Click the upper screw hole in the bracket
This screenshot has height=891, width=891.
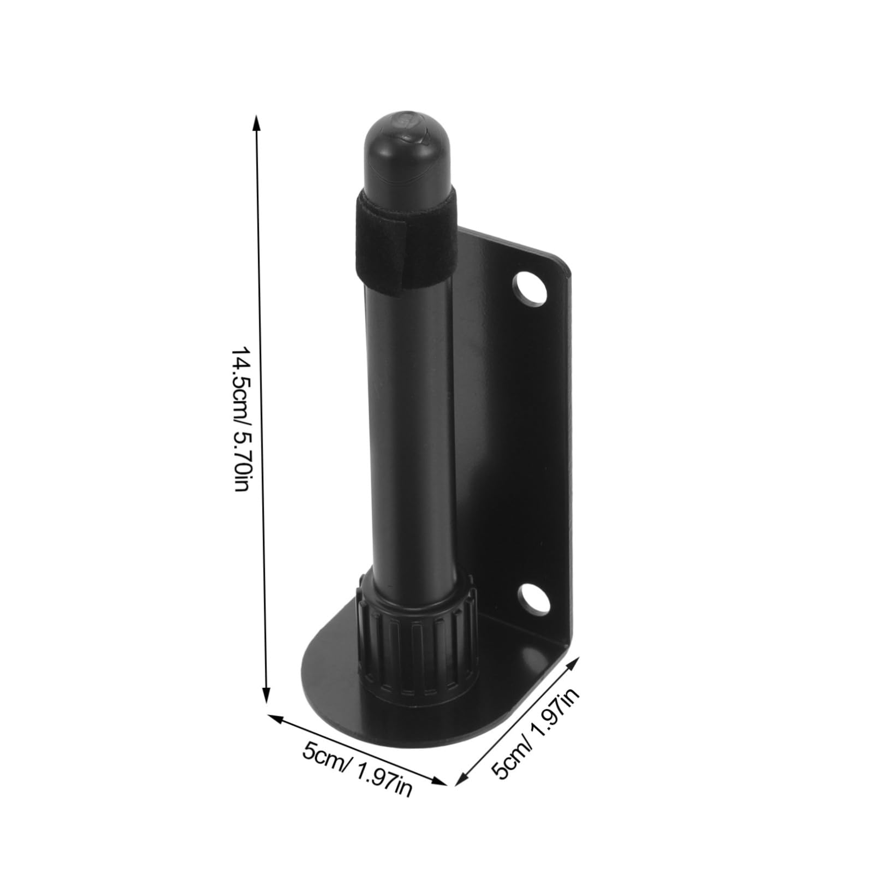[x=528, y=288]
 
